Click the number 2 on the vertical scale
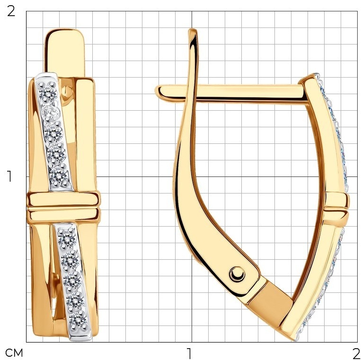point(11,11)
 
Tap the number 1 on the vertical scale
point(9,176)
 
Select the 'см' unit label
point(14,352)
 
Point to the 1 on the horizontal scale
point(189,353)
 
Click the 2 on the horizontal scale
point(356,353)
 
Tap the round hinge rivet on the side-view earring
point(237,274)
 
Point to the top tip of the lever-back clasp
point(193,30)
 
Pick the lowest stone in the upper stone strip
point(59,176)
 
